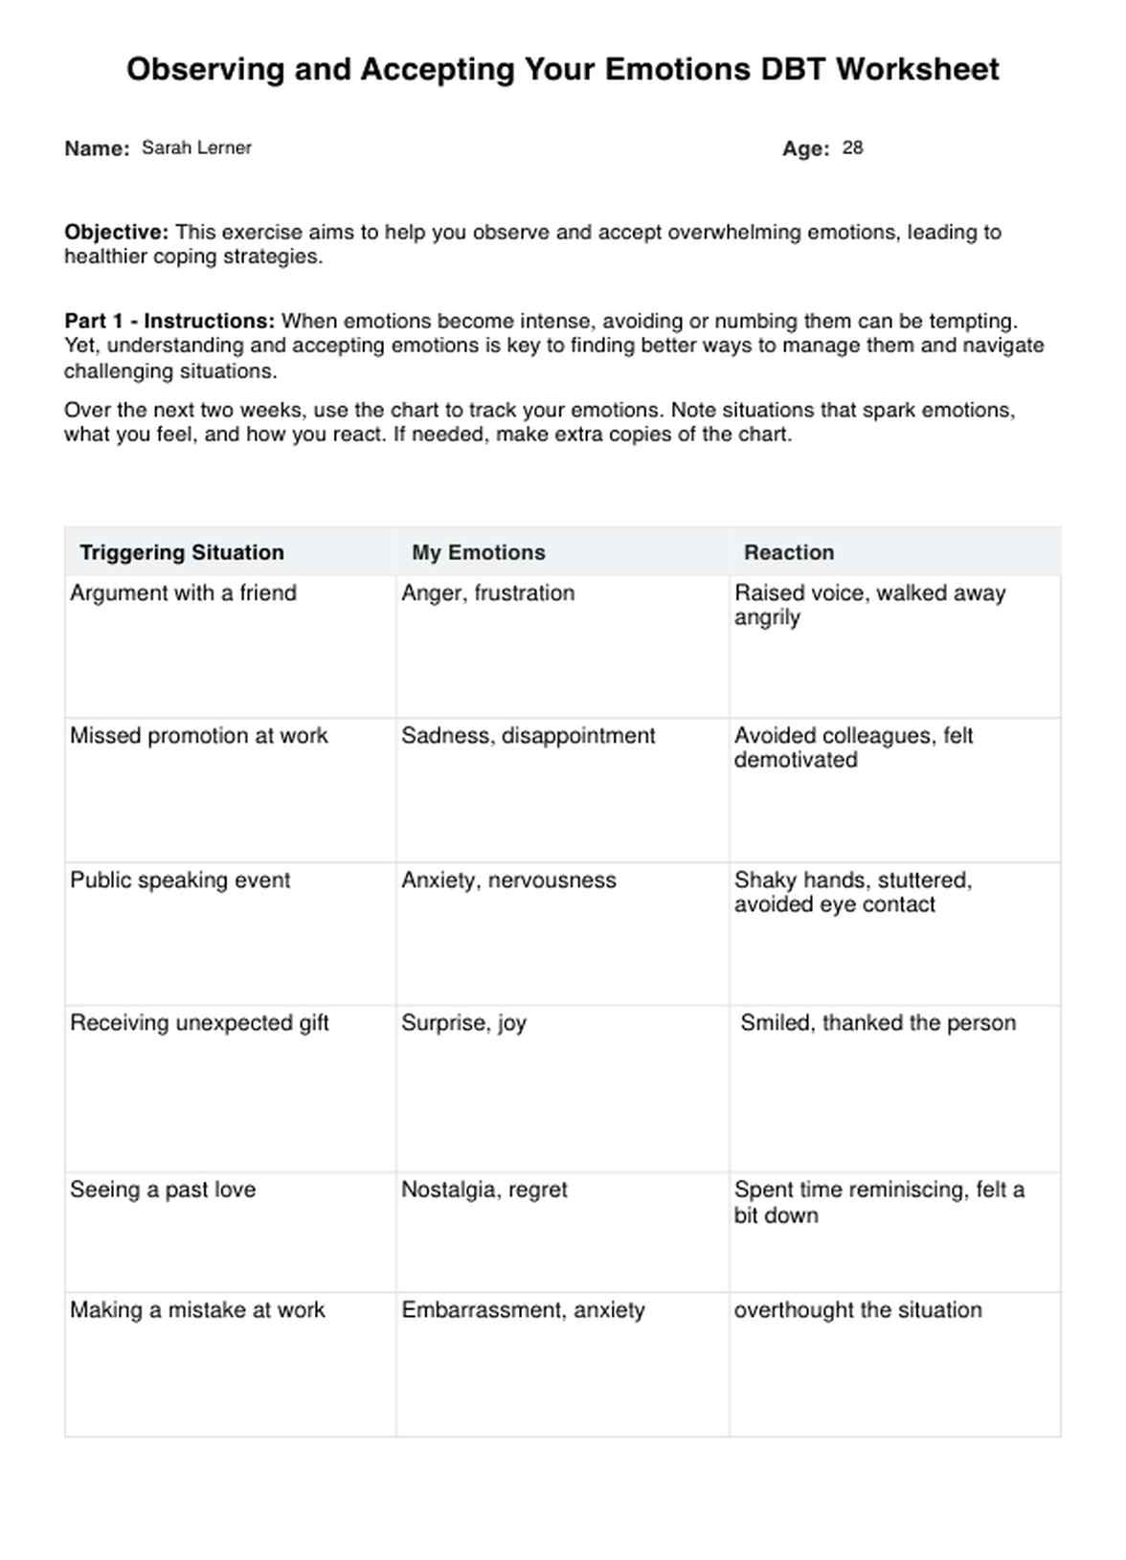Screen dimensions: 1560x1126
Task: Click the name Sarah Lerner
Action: pyautogui.click(x=196, y=148)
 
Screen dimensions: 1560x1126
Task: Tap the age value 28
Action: pyautogui.click(x=852, y=148)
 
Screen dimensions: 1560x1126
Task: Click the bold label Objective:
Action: pyautogui.click(x=116, y=233)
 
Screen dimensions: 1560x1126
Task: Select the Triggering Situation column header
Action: pyautogui.click(x=182, y=553)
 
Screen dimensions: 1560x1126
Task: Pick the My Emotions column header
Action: pyautogui.click(x=478, y=553)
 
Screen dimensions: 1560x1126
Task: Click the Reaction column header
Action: pyautogui.click(x=788, y=553)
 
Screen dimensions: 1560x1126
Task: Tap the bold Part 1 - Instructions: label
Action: pyautogui.click(x=169, y=322)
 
